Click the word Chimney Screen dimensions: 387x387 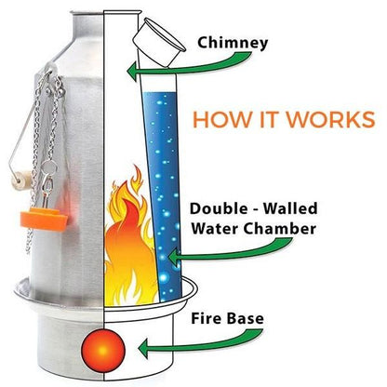(233, 43)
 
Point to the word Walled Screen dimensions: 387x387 (289, 208)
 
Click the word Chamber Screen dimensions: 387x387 (280, 229)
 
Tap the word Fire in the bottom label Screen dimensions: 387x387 (206, 318)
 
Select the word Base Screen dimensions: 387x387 (246, 319)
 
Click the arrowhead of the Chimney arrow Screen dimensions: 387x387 (132, 70)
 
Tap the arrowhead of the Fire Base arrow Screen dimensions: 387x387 (144, 349)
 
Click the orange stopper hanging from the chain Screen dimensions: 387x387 (44, 219)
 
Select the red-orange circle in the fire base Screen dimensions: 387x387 (103, 351)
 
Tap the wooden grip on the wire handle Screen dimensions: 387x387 (23, 180)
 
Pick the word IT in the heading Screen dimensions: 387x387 (268, 119)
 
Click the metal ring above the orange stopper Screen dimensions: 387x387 (49, 167)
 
